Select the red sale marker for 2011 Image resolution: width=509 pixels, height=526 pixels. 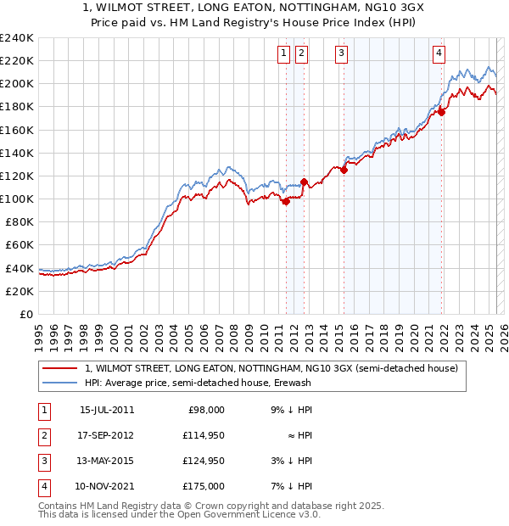point(286,201)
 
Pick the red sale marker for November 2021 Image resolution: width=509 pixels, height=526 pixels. point(442,111)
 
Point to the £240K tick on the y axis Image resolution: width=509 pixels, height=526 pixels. point(17,38)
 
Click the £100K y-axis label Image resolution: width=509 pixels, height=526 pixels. point(17,199)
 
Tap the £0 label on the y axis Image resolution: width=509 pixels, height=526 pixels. point(25,314)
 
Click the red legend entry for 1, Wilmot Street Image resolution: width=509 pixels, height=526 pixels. point(271,368)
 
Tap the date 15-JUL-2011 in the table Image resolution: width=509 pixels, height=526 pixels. point(107,410)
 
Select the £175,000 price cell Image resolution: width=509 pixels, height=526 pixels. point(203,486)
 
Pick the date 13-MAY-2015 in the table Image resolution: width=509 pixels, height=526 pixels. point(107,461)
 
